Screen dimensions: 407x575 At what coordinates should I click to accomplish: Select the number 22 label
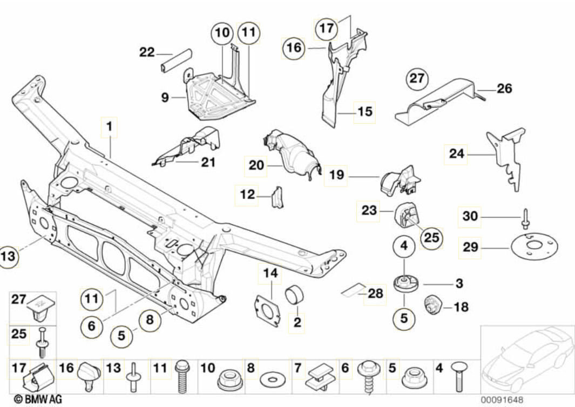[147, 52]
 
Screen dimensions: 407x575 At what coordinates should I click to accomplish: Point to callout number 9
[164, 98]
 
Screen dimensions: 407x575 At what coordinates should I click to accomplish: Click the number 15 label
[365, 112]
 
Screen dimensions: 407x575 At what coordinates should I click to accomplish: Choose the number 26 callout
[504, 88]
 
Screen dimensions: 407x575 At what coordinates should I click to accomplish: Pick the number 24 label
[456, 154]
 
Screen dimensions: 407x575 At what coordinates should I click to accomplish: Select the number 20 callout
[256, 165]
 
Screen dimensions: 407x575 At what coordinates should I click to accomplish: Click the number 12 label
[247, 195]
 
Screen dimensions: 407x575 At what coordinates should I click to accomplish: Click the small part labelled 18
[433, 304]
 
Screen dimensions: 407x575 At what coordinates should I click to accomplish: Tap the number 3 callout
[459, 283]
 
